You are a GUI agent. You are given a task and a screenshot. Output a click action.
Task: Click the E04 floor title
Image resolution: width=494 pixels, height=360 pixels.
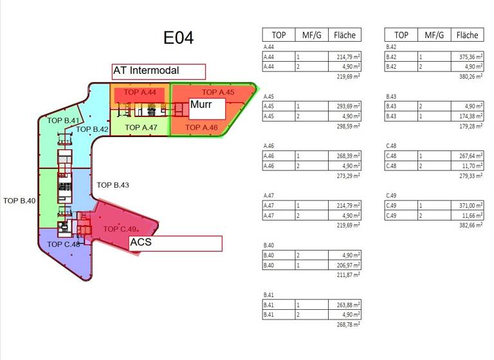178,37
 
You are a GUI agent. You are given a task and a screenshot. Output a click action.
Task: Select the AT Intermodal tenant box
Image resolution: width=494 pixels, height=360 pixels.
158,71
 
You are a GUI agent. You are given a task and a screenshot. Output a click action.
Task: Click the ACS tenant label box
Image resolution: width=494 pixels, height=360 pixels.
176,243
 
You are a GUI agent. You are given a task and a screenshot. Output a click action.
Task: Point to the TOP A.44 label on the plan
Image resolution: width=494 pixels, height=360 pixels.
140,93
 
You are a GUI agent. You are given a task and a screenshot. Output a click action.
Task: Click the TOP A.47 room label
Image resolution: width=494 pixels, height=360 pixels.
141,127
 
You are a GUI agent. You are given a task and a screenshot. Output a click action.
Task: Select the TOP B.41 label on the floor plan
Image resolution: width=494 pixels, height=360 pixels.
63,120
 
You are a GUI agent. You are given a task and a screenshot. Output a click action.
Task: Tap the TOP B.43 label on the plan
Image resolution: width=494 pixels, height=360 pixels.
113,185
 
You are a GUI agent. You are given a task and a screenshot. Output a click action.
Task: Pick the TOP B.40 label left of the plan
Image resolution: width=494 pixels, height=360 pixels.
19,201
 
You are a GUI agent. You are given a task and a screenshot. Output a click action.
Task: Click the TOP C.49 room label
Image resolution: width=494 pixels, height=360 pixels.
120,230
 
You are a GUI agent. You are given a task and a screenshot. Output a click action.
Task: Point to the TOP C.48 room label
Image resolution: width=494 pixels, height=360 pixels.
64,244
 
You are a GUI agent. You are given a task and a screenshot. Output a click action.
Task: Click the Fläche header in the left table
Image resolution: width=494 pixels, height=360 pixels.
345,35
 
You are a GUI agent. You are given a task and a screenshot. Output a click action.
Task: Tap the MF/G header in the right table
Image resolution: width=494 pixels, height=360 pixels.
432,35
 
